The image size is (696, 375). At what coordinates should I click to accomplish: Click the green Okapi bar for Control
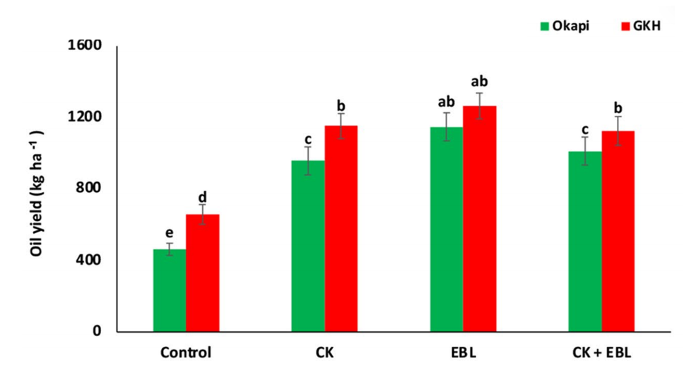(x=170, y=290)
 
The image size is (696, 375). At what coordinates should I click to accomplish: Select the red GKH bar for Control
(x=202, y=273)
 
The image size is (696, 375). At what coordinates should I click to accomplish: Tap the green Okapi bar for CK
(x=308, y=246)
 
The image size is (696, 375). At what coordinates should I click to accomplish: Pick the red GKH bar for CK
(x=341, y=228)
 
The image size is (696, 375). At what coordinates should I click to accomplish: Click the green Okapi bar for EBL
(x=447, y=229)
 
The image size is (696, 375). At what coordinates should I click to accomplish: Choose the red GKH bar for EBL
(x=479, y=218)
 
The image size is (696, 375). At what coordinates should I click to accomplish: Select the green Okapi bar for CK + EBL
(x=585, y=241)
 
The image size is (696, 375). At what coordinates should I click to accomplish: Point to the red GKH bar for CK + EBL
(x=618, y=231)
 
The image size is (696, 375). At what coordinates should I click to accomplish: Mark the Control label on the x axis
(x=186, y=352)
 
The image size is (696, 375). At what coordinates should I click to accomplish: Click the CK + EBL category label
(x=601, y=352)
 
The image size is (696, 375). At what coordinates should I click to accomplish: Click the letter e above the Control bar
(x=169, y=232)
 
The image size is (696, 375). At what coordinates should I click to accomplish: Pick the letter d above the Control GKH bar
(x=202, y=197)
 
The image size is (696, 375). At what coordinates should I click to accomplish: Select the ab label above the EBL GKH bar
(x=479, y=81)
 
